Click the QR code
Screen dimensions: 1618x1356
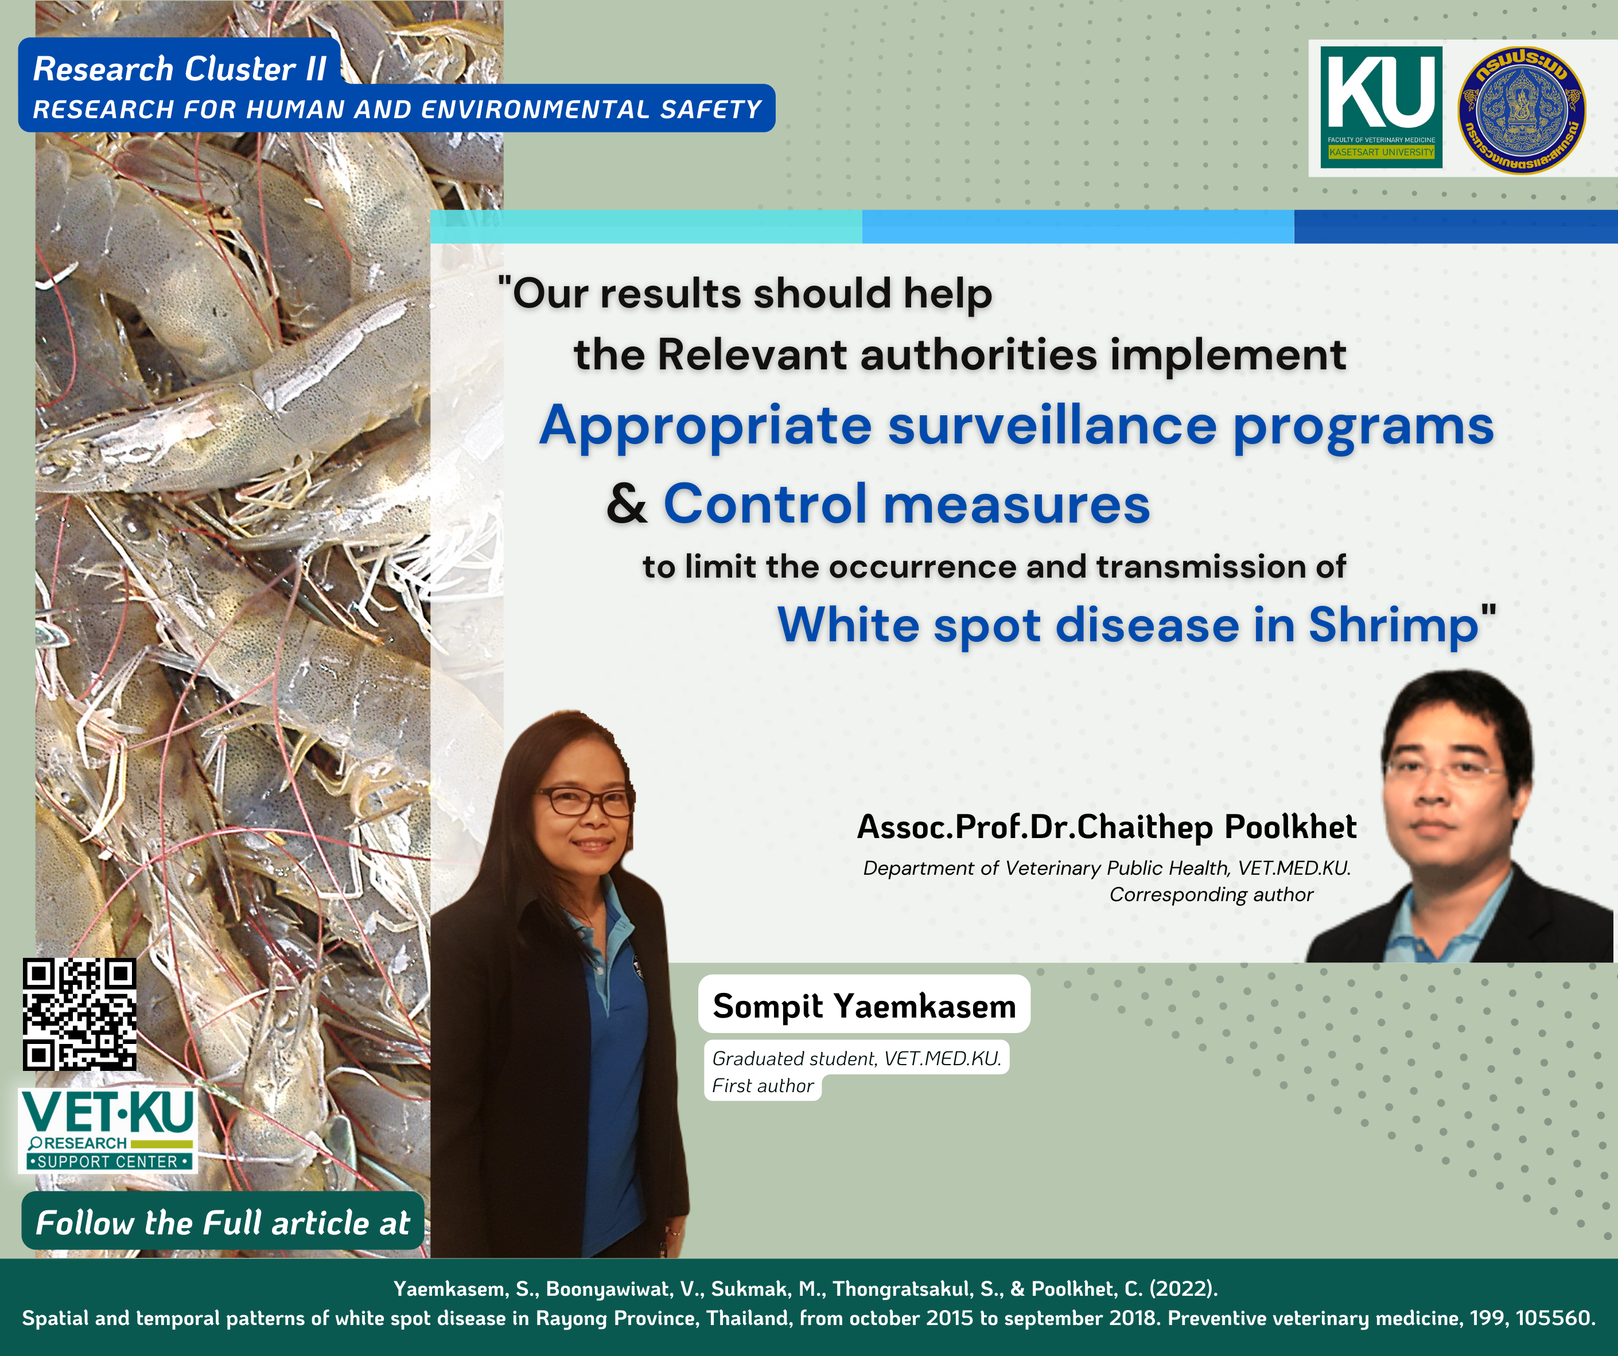tap(79, 1014)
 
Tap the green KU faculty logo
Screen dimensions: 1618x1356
tap(1380, 107)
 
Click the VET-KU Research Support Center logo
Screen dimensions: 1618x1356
tap(108, 1130)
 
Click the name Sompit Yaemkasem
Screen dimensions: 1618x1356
tap(865, 1006)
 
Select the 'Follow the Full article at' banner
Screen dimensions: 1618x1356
tap(223, 1222)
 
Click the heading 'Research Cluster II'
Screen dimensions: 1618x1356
tap(180, 69)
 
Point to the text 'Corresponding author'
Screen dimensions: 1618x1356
tap(1211, 894)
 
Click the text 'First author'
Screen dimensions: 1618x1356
tap(763, 1086)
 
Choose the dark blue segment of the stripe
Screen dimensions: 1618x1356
tap(1456, 227)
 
